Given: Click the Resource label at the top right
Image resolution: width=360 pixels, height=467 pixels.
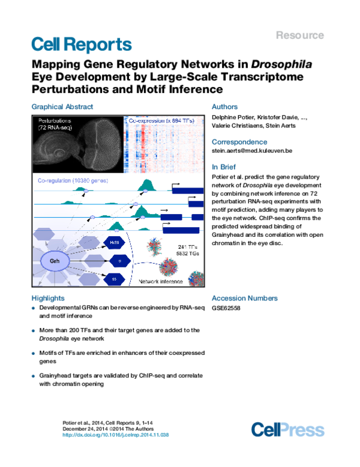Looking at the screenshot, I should [300, 35].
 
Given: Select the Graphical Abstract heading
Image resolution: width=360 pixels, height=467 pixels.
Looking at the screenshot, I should [62, 107].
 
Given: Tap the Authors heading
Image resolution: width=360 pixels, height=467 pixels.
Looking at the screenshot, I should [225, 107].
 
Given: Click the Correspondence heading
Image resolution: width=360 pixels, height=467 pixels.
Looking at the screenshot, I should [239, 142].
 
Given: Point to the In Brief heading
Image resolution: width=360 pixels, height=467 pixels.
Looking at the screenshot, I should [224, 167].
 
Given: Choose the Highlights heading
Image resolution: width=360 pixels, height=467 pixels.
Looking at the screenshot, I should [47, 298].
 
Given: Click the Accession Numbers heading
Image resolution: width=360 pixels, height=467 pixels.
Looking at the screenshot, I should [245, 298].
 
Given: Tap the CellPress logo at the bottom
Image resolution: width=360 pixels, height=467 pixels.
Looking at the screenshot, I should [287, 430].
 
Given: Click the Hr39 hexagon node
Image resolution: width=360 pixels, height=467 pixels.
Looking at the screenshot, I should [113, 242].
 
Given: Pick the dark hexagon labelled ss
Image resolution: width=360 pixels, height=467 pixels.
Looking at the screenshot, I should [113, 278].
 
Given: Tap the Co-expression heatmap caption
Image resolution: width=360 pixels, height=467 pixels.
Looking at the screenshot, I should [163, 120].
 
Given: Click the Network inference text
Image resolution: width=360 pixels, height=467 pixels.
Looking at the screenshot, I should [161, 281].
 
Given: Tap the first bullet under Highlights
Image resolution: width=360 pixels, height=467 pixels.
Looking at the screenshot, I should [32, 309].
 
